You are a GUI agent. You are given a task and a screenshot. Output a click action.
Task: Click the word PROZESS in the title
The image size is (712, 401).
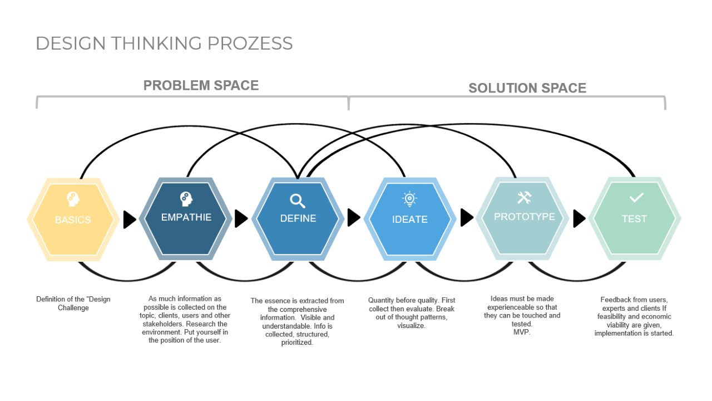[250, 43]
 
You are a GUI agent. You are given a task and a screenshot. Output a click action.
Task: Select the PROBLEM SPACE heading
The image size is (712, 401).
[201, 85]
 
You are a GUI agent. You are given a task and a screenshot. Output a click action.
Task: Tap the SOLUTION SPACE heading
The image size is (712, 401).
[527, 88]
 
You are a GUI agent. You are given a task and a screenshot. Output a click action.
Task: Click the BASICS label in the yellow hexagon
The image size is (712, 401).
[73, 219]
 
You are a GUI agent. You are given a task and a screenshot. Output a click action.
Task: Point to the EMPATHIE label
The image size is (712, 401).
[186, 217]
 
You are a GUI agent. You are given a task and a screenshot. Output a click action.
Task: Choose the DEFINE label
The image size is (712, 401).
[298, 218]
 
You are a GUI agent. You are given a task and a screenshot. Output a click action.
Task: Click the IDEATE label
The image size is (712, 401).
[410, 219]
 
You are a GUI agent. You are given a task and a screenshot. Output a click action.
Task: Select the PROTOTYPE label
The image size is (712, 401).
[525, 217]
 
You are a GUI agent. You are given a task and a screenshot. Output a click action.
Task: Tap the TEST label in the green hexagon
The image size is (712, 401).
[635, 219]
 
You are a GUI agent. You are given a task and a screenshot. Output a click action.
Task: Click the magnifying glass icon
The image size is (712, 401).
[298, 201]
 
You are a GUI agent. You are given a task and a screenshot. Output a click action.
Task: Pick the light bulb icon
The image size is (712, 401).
[409, 199]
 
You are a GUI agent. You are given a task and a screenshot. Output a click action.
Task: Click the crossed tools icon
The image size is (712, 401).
[524, 197]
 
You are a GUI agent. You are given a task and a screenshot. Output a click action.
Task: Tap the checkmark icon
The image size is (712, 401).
[636, 198]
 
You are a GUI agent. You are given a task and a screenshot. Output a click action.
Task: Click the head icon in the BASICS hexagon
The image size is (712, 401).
[73, 199]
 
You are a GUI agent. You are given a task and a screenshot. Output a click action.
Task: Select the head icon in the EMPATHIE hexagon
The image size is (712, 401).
[186, 199]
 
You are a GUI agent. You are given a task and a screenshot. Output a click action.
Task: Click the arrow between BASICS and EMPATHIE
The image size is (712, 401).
[130, 219]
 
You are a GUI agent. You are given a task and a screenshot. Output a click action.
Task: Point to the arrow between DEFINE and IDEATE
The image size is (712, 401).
[354, 218]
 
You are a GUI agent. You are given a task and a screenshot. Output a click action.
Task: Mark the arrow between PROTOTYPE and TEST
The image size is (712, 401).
[580, 219]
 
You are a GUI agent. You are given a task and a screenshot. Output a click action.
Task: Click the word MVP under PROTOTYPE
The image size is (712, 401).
[522, 332]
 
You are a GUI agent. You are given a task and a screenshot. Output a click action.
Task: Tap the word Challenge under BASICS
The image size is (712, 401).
[73, 308]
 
